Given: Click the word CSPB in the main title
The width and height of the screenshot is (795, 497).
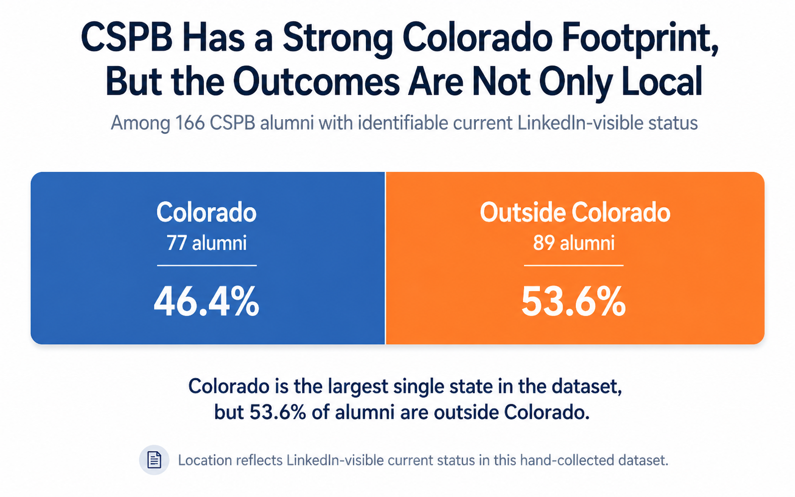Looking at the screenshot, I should click(126, 38).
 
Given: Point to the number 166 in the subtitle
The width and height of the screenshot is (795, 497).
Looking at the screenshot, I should click(190, 123).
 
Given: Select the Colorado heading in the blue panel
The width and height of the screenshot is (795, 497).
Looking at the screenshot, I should click(207, 212).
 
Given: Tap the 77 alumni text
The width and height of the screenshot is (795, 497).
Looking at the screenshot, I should click(207, 243).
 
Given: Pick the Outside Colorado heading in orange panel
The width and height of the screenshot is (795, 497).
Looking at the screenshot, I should click(574, 212).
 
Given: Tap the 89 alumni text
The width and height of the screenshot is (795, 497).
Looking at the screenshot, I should click(573, 243).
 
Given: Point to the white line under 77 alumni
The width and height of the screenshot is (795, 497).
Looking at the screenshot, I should click(207, 266).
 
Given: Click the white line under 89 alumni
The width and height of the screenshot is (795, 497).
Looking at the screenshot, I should click(573, 266).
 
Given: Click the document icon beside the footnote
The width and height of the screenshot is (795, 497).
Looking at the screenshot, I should click(154, 459).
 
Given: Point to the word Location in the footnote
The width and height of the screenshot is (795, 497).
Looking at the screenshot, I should click(205, 460).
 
